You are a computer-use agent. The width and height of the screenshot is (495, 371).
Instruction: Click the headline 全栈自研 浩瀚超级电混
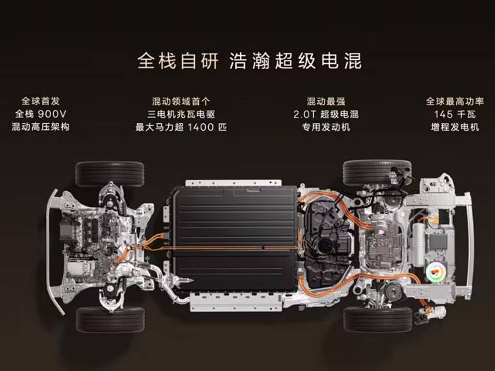point(249,61)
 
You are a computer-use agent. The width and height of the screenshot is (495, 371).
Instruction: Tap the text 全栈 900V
point(41,114)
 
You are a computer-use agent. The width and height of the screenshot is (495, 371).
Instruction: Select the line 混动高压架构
point(41,127)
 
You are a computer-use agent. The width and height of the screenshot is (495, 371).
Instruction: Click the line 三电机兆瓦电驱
point(181,114)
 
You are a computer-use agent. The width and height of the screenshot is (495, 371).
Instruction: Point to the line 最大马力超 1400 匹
point(181,127)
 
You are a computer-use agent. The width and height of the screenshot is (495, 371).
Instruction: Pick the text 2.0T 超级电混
point(326,114)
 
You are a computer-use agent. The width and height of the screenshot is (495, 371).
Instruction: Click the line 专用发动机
point(326,127)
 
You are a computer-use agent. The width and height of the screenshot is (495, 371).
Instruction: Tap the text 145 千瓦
point(454,114)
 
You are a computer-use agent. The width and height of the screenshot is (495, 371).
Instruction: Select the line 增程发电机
point(454,127)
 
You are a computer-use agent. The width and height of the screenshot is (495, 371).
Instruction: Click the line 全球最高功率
point(454,101)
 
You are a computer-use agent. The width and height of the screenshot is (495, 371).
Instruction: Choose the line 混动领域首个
point(181,101)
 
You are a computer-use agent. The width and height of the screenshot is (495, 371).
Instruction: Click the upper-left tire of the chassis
point(110,173)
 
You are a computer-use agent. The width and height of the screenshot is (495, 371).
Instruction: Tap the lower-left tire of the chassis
point(110,320)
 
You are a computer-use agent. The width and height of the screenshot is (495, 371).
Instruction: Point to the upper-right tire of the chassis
point(377,172)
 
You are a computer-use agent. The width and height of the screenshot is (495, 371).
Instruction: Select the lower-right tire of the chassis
point(378,319)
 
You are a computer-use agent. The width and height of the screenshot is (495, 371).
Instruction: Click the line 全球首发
point(41,101)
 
